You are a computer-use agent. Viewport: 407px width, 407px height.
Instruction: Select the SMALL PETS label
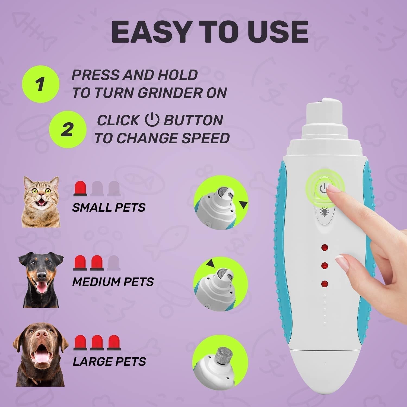[x=109, y=208]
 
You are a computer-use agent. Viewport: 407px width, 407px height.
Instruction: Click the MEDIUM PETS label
[x=113, y=282]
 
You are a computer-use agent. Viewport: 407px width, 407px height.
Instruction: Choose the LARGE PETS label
[x=109, y=362]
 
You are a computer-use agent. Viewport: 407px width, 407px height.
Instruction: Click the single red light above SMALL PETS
[x=81, y=188]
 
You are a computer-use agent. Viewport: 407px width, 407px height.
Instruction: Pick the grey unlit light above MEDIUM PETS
[x=113, y=263]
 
